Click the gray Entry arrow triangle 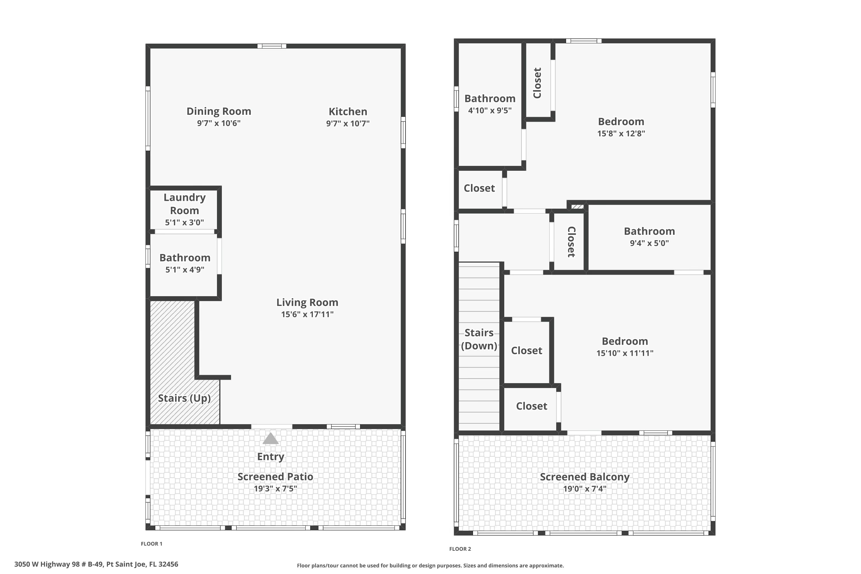click(271, 439)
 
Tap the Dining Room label click(218, 111)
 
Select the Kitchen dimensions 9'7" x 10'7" click(348, 123)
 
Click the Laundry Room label click(185, 203)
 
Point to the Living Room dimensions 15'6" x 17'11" click(307, 314)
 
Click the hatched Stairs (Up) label click(184, 398)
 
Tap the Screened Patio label click(275, 477)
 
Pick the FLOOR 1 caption click(152, 544)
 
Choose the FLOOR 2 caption click(460, 549)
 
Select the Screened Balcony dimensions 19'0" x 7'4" click(585, 489)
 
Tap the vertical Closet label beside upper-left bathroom click(537, 83)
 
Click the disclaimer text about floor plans click(430, 566)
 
